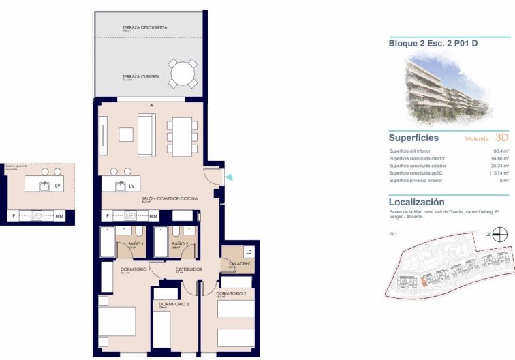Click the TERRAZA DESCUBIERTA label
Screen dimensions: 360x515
point(144,28)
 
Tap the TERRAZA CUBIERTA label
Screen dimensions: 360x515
point(141,77)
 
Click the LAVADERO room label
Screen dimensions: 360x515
point(240,263)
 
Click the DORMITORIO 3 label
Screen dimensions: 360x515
point(174,304)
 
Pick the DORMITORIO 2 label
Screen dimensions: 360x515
point(230,293)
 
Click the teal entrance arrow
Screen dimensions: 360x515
point(230,178)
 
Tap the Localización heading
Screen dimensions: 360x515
point(416,202)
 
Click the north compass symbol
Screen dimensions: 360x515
point(500,235)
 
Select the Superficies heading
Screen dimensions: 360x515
point(413,138)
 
